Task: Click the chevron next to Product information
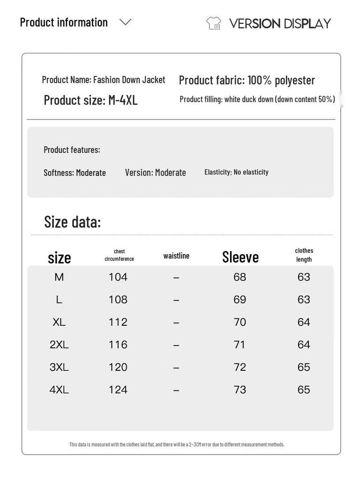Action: coord(125,22)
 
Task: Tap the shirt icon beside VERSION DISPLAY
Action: coord(214,23)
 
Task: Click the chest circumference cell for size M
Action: coord(118,277)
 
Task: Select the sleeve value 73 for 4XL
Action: coord(240,390)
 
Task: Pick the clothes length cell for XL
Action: coord(304,322)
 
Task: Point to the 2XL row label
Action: coord(59,345)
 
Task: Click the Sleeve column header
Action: coord(240,257)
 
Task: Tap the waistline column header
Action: coord(176,255)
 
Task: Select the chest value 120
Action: coord(118,367)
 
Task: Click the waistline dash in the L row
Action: coord(176,300)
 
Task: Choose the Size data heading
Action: coord(72,222)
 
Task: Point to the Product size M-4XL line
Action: coord(90,100)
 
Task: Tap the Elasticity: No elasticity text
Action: coord(236,172)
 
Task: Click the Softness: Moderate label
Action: coord(75,172)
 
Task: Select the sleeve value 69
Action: coord(240,300)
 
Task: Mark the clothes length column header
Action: coord(304,255)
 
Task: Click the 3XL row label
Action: coord(59,367)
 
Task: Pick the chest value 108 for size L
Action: coord(118,300)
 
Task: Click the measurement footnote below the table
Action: coord(177,444)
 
